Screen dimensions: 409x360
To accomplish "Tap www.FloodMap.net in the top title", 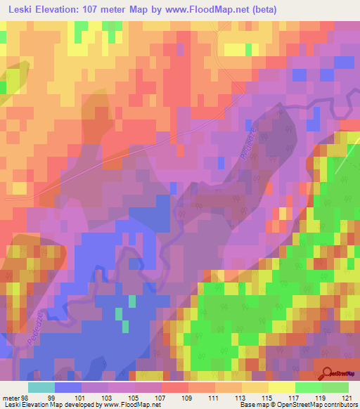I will [209, 10].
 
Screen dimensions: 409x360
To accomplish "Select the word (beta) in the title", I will [262, 10].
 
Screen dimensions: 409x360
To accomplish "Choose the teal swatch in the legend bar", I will [41, 387].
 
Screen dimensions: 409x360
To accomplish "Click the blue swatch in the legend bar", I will [68, 387].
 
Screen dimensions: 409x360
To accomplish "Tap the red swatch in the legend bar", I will [174, 387].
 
